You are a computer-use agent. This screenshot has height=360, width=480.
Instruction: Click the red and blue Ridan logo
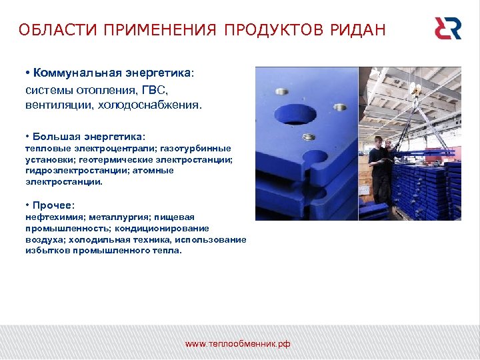[447, 29]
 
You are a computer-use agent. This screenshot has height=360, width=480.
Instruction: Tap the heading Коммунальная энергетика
[112, 72]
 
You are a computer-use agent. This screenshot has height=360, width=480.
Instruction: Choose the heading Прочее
[54, 205]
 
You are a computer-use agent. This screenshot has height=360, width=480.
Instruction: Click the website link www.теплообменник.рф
[238, 344]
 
